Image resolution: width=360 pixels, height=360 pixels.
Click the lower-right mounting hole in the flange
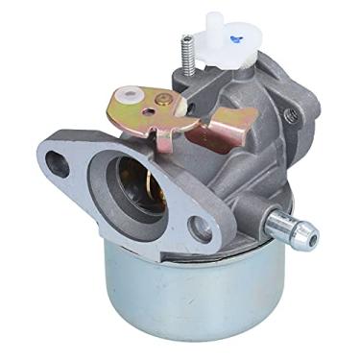click(x=200, y=228)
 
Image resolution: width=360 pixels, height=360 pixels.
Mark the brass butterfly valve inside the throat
click(x=134, y=178)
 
